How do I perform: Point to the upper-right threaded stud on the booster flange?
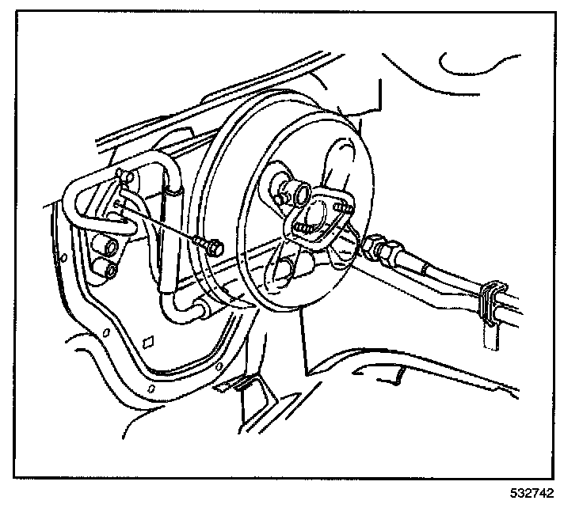[341, 209]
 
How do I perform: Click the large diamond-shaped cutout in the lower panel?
[147, 343]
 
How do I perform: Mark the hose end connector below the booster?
[200, 305]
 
